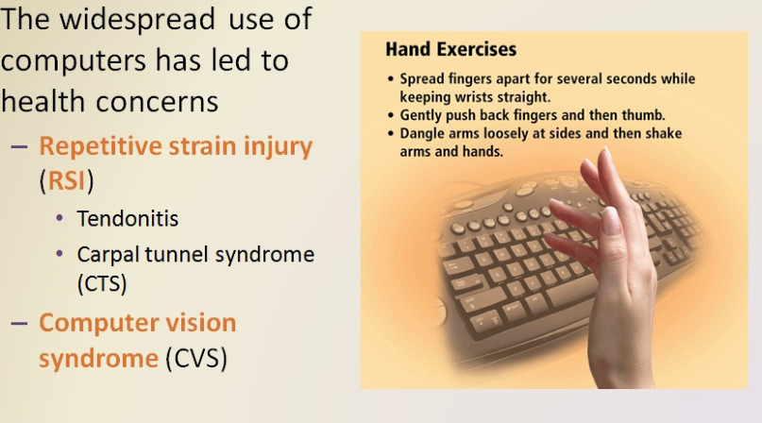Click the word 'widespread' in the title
click(x=137, y=21)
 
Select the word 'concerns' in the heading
click(x=158, y=103)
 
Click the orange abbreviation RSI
click(x=67, y=181)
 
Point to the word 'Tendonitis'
click(x=127, y=219)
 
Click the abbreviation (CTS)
click(x=102, y=283)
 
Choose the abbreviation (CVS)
click(x=196, y=359)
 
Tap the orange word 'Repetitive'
click(x=101, y=147)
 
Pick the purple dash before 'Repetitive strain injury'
click(x=19, y=146)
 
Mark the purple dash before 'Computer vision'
click(x=19, y=323)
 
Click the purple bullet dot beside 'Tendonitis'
click(x=59, y=218)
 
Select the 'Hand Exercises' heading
click(x=451, y=50)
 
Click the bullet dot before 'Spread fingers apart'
click(x=391, y=78)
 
